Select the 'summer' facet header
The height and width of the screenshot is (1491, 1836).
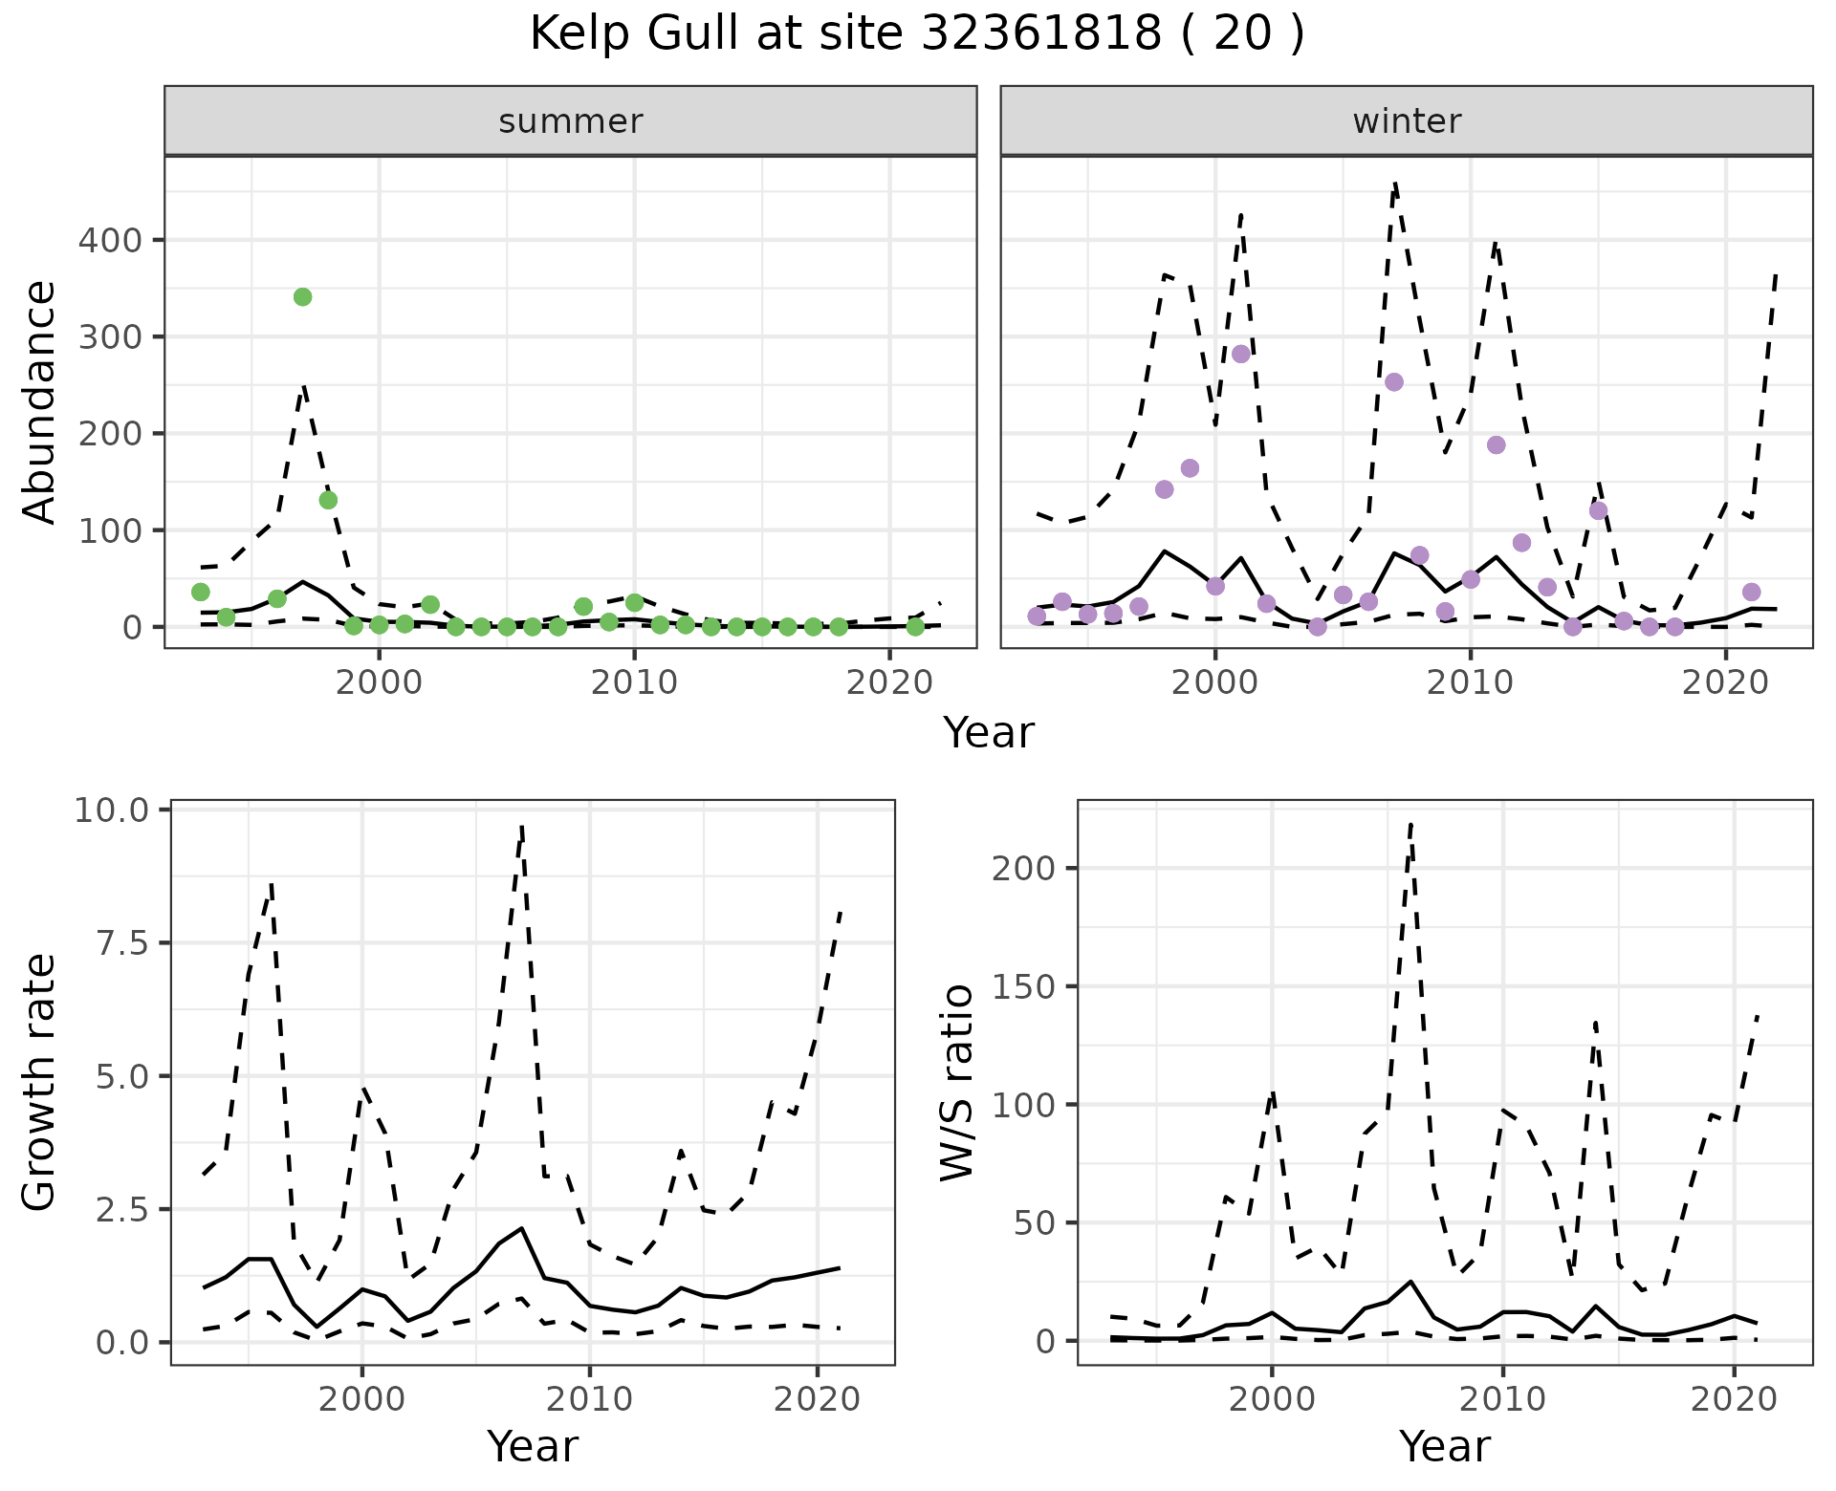tap(570, 121)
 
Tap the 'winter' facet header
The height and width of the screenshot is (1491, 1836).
tap(1406, 121)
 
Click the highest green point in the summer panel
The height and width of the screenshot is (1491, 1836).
tap(302, 297)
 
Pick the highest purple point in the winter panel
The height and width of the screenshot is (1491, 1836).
tap(1241, 354)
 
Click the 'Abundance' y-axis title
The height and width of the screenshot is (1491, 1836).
tap(40, 402)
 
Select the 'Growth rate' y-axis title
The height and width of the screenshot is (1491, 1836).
tap(40, 1083)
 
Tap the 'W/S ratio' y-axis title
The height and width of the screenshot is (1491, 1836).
tap(956, 1083)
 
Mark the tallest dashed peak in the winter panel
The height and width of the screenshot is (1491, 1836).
tap(1395, 183)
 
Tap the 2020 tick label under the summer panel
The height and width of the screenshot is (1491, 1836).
tap(889, 682)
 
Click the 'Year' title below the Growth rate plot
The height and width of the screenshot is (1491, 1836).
tap(533, 1447)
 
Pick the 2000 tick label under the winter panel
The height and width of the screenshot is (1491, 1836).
tap(1215, 682)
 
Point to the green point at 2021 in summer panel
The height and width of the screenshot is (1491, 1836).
tap(915, 627)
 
